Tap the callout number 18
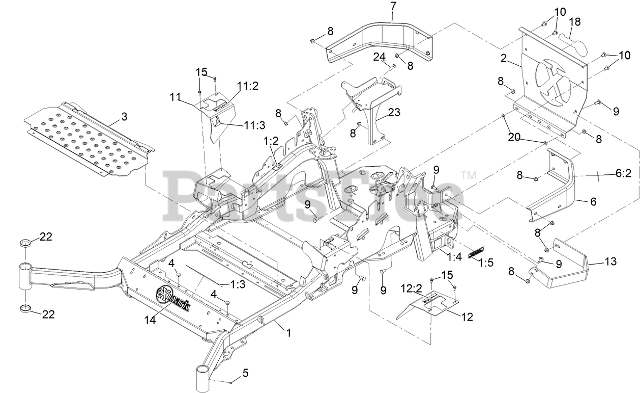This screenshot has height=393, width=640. tap(574, 22)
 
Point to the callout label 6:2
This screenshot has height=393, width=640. tap(623, 173)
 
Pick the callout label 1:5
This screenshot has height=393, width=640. tap(486, 263)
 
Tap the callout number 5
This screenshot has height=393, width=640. tap(245, 373)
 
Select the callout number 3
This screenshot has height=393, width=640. tap(124, 117)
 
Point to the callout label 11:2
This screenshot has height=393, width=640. tap(247, 86)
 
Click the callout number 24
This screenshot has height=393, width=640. tap(379, 57)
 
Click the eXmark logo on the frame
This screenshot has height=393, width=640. tap(173, 299)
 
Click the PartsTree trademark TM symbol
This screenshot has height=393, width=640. tap(468, 176)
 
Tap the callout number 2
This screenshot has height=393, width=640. tap(504, 58)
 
